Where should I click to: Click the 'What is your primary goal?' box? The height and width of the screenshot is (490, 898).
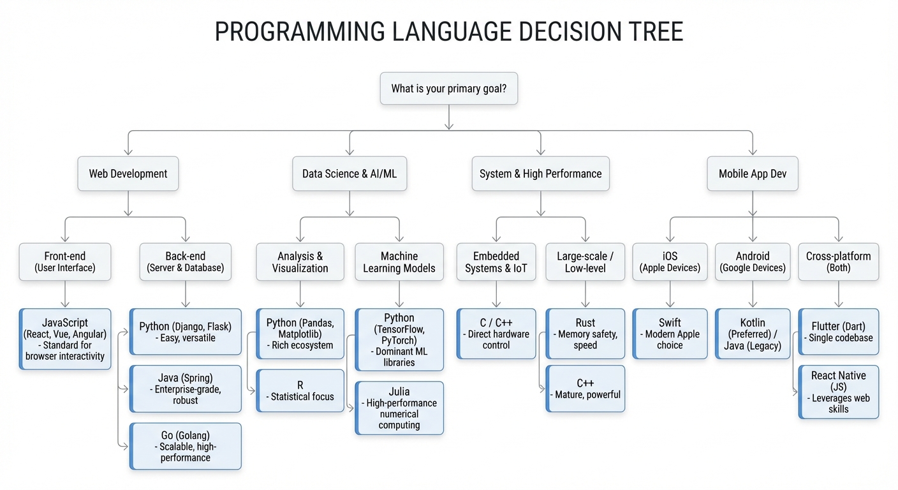tap(448, 89)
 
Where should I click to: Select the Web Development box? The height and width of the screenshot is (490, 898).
tap(128, 174)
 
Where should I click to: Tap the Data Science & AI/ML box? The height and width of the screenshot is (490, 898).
tap(349, 174)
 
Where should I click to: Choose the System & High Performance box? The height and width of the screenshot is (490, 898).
tap(540, 174)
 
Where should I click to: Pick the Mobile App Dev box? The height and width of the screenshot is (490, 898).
tap(753, 174)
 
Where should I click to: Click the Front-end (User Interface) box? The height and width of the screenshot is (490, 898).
tap(65, 262)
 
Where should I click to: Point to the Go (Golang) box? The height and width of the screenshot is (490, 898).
tap(186, 447)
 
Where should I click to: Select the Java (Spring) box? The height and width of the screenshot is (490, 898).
tap(186, 389)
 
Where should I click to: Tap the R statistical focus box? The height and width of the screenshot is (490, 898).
tap(300, 390)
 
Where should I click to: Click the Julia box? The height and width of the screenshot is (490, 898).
tap(399, 408)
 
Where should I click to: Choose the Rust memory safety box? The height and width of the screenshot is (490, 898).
tap(585, 334)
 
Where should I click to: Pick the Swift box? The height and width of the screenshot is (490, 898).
tap(670, 334)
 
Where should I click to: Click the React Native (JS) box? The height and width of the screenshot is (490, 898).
tap(839, 392)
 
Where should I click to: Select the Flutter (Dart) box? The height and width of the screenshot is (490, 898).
tap(839, 332)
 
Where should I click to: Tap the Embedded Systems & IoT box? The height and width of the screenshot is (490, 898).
tap(496, 262)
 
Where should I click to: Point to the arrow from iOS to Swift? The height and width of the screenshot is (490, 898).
tap(670, 295)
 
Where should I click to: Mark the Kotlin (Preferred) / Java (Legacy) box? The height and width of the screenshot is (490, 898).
tap(753, 334)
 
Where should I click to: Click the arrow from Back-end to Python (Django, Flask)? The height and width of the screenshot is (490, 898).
tap(186, 295)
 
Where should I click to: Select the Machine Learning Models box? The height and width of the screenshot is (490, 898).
tap(399, 262)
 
